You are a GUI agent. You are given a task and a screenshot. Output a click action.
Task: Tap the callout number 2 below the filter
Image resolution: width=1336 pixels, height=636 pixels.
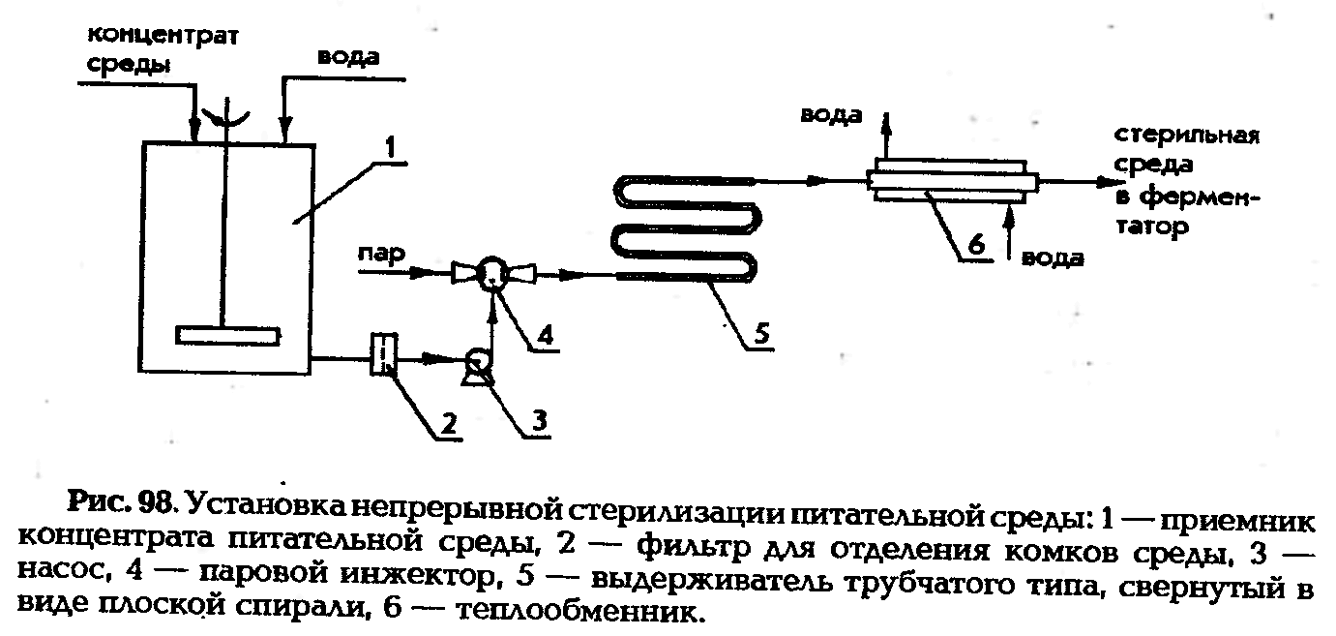449,422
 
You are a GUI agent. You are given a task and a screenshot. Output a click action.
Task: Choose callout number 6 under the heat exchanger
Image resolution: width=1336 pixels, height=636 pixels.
976,246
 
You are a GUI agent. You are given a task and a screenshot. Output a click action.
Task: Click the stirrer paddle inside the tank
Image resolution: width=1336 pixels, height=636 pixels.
229,334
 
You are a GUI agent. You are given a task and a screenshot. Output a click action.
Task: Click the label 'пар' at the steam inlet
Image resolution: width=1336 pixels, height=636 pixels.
380,255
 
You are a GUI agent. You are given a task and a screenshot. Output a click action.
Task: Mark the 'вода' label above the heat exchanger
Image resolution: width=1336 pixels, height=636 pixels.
830,115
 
